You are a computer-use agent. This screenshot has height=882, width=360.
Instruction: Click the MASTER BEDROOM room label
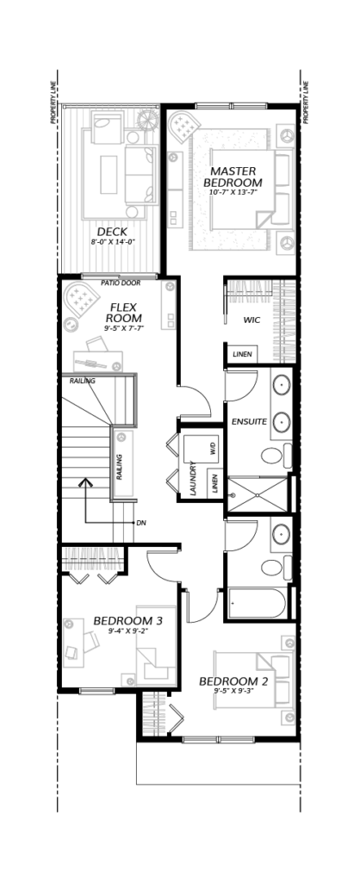233,177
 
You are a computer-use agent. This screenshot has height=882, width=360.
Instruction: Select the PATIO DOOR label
121,283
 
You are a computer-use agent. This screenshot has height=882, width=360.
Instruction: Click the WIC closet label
251,320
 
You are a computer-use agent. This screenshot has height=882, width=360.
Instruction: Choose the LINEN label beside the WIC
242,355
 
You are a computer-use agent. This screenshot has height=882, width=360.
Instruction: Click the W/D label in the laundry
213,449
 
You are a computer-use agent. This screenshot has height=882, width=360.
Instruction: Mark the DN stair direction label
140,523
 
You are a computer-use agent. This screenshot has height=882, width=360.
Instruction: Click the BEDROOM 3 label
127,621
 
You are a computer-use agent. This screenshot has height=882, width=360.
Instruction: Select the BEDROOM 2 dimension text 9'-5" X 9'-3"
233,690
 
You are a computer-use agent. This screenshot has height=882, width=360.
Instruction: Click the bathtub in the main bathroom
257,604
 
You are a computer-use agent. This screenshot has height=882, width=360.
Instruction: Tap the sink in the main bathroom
281,533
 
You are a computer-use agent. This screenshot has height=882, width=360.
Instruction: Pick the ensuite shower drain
258,495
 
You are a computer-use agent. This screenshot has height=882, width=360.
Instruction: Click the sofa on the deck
140,174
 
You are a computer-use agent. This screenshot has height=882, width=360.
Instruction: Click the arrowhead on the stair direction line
85,482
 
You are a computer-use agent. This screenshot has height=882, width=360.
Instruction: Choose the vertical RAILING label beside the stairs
120,467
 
